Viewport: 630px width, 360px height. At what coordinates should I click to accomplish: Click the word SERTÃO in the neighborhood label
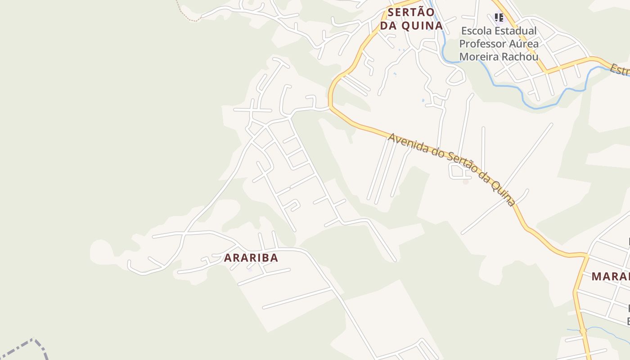[x=411, y=12]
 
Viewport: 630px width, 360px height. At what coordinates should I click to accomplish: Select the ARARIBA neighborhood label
[x=251, y=258]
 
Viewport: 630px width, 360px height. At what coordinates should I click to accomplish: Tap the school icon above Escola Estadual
[x=499, y=18]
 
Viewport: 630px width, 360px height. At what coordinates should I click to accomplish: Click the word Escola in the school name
[x=477, y=31]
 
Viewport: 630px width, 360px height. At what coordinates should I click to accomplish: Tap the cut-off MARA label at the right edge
[x=611, y=276]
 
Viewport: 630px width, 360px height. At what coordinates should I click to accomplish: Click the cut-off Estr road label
[x=620, y=71]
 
